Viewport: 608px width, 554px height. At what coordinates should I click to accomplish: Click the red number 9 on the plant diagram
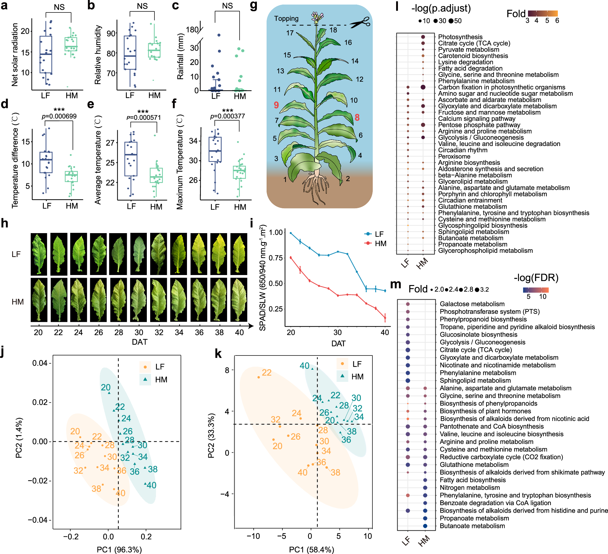[276, 105]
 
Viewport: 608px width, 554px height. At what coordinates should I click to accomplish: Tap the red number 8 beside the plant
[357, 117]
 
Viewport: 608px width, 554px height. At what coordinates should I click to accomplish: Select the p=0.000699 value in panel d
[59, 116]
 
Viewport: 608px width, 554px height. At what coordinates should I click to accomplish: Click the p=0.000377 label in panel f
[227, 116]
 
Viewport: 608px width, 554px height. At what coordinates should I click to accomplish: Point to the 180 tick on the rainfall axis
[192, 30]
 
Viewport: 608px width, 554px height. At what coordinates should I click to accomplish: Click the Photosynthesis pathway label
[460, 37]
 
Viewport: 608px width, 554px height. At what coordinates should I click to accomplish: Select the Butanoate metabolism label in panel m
[472, 526]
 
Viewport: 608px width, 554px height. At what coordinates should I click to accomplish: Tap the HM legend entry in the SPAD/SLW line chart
[380, 243]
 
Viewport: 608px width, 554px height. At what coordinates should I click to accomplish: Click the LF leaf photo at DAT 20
[39, 254]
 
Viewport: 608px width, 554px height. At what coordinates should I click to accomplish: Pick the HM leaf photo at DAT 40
[239, 300]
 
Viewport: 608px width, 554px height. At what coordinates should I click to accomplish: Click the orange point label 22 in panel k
[267, 373]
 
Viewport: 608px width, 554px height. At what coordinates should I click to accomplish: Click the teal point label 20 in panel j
[105, 387]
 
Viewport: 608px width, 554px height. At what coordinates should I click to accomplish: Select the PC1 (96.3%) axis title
[119, 550]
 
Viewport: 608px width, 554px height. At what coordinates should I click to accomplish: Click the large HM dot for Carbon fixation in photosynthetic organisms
[423, 87]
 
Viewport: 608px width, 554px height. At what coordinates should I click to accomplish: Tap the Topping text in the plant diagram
[286, 19]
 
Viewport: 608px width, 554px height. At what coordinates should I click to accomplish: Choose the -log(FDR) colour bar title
[536, 277]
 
